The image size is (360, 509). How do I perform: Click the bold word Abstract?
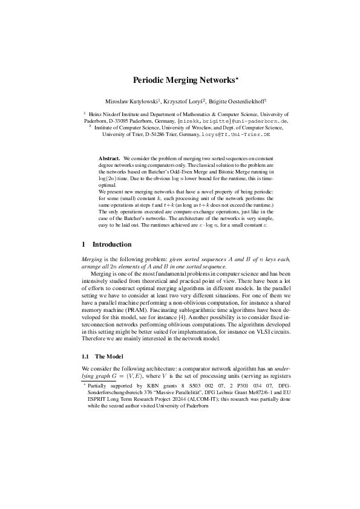[x=110, y=157]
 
